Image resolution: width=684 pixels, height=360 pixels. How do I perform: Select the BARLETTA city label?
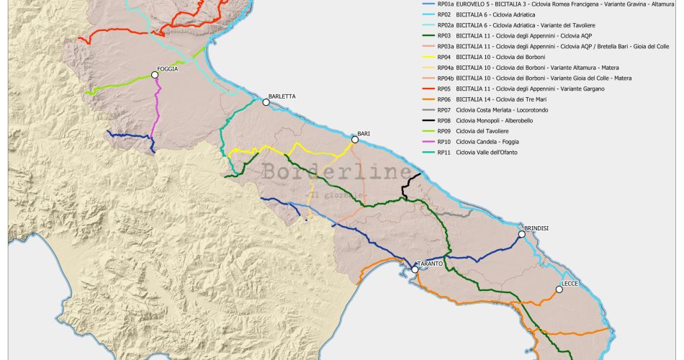(282, 96)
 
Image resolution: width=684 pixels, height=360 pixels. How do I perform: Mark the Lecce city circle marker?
(559, 290)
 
